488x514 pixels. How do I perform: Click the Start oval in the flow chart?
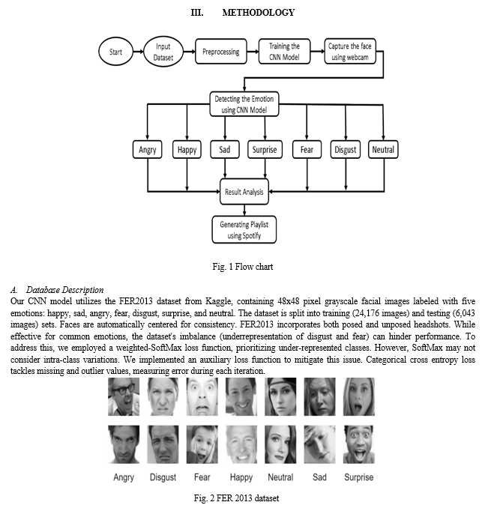pyautogui.click(x=115, y=52)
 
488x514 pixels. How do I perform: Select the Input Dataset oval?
pyautogui.click(x=163, y=52)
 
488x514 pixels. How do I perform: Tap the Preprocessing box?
pyautogui.click(x=220, y=52)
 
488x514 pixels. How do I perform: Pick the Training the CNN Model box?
pyautogui.click(x=284, y=52)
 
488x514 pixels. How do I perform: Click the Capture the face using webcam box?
pyautogui.click(x=350, y=52)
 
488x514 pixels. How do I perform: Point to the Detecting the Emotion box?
pyautogui.click(x=244, y=104)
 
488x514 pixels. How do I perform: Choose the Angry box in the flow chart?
pyautogui.click(x=147, y=150)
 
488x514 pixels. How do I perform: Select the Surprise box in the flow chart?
pyautogui.click(x=265, y=150)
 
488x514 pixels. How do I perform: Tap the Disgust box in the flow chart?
pyautogui.click(x=346, y=150)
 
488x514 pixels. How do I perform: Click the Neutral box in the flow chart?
pyautogui.click(x=383, y=150)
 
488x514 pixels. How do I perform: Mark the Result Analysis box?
pyautogui.click(x=244, y=192)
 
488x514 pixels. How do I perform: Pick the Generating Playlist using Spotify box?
pyautogui.click(x=244, y=229)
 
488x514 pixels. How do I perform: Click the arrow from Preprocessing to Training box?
pyautogui.click(x=253, y=52)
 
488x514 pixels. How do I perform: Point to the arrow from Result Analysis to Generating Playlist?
pyautogui.click(x=244, y=210)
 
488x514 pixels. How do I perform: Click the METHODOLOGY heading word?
pyautogui.click(x=259, y=13)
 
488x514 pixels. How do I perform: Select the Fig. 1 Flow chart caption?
pyautogui.click(x=243, y=267)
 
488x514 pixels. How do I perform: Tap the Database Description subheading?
pyautogui.click(x=64, y=290)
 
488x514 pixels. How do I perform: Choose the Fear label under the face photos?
pyautogui.click(x=202, y=477)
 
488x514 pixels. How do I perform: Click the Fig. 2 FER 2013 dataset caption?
pyautogui.click(x=236, y=498)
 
